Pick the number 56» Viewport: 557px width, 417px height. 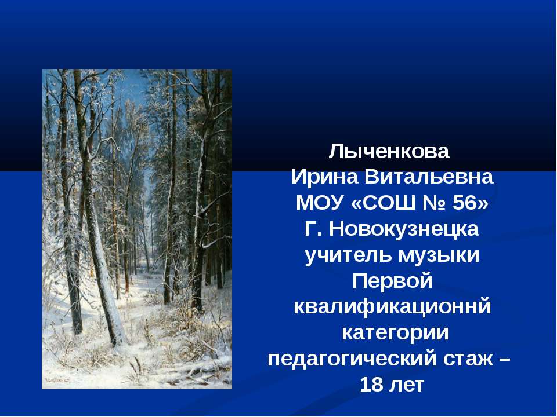tap(469, 203)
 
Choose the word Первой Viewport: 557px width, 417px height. tap(393, 281)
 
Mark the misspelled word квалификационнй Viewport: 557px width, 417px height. tap(393, 308)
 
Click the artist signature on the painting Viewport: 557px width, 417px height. tap(57, 380)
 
